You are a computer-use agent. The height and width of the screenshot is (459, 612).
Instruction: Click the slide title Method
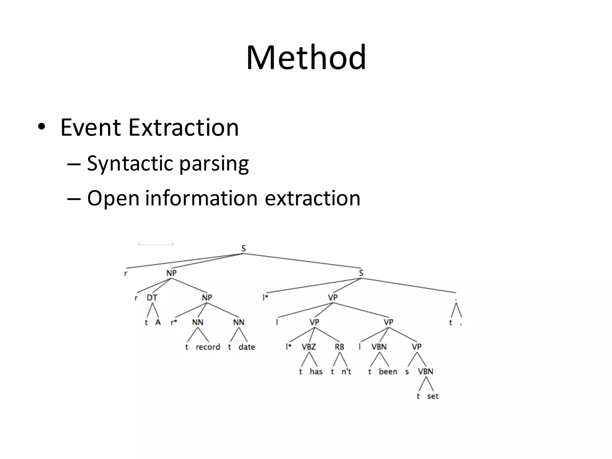[306, 57]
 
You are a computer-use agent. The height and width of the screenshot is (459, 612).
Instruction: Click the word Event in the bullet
[91, 128]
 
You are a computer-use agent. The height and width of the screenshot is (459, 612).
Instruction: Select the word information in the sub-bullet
[201, 198]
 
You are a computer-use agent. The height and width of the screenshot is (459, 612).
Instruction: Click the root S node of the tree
[244, 248]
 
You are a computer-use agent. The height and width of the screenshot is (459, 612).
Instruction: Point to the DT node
[152, 298]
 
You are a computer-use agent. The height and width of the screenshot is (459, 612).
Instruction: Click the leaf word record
[208, 347]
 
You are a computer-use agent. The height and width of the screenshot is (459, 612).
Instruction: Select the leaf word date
[247, 347]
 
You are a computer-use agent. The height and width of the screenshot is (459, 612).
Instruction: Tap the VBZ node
[309, 347]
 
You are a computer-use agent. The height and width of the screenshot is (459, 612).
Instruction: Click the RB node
[339, 347]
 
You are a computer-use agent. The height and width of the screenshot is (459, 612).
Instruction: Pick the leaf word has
[316, 372]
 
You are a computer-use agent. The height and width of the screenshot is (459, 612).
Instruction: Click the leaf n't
[346, 372]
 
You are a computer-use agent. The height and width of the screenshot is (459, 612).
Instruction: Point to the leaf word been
[388, 372]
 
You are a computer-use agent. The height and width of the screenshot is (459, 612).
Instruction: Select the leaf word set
[432, 397]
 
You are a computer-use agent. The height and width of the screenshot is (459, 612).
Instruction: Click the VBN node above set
[425, 372]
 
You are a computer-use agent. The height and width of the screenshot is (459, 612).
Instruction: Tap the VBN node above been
[379, 347]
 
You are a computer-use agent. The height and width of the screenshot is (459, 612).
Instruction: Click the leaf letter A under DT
[158, 322]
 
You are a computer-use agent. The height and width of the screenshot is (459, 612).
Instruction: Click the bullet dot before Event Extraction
[42, 128]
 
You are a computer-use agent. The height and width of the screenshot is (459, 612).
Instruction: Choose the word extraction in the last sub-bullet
[313, 198]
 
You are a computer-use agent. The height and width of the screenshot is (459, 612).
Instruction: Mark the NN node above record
[198, 322]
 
